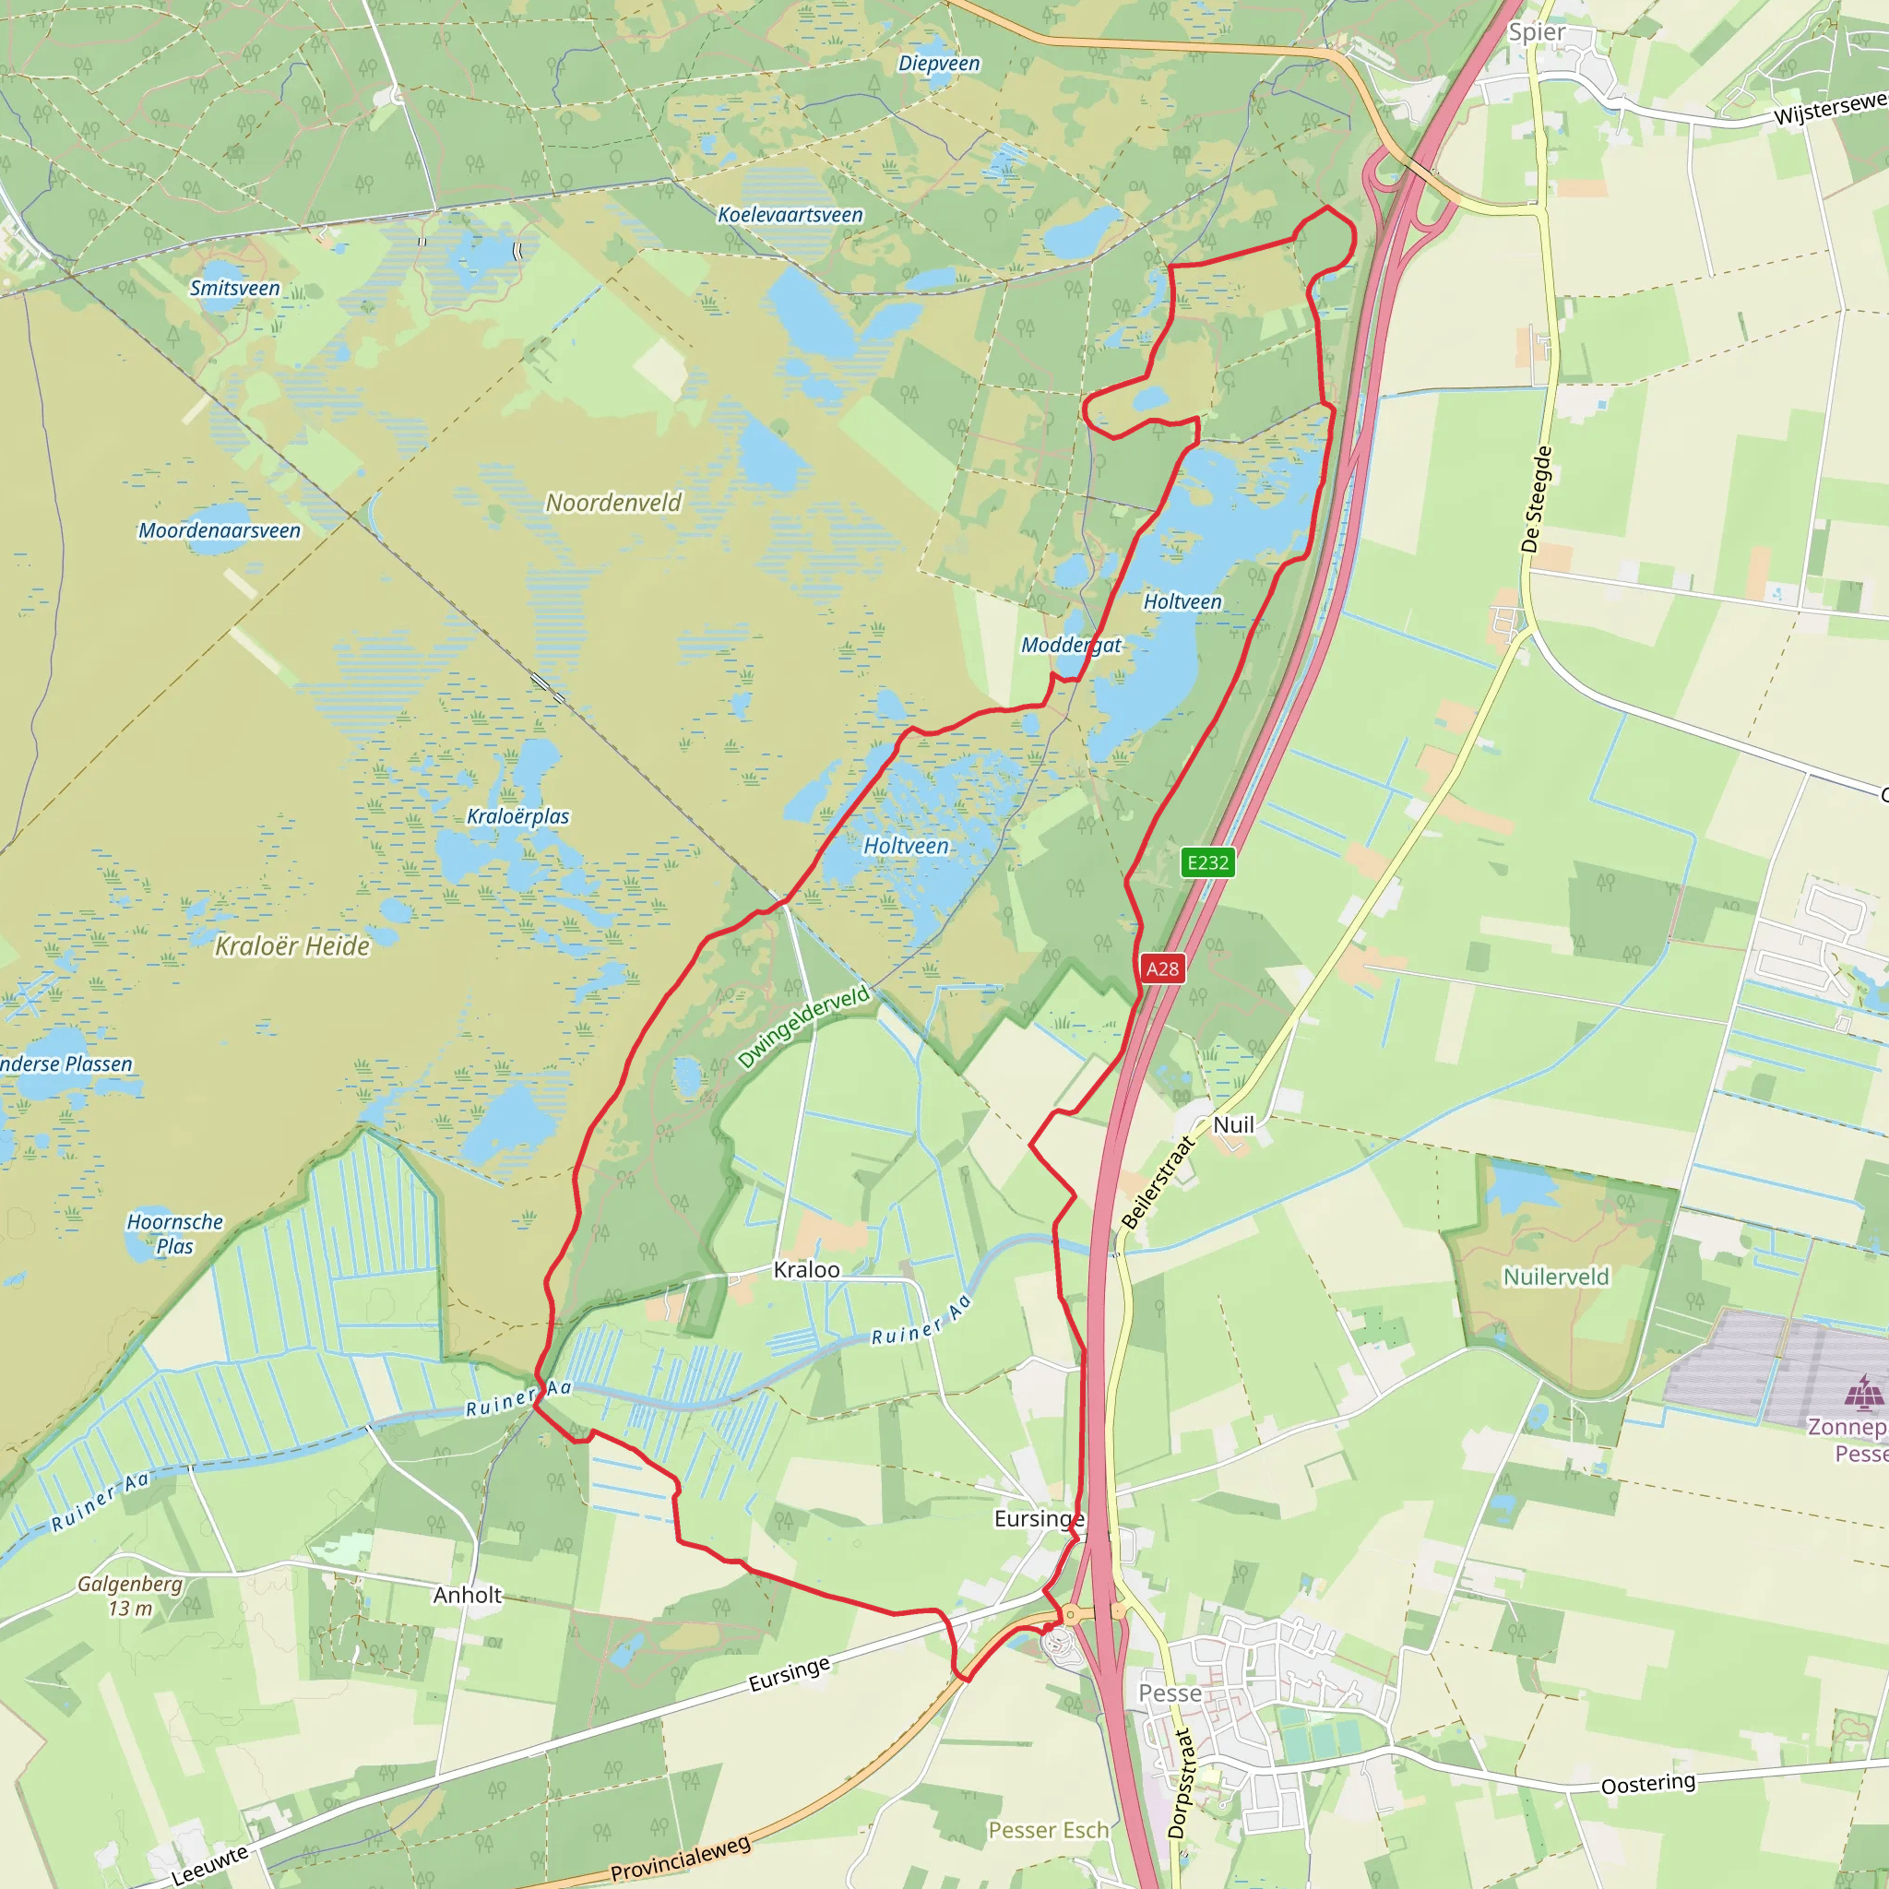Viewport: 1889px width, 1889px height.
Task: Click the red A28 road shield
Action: click(1161, 969)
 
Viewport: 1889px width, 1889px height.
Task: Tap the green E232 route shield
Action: click(1207, 862)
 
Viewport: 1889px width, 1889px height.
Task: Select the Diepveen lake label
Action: click(939, 64)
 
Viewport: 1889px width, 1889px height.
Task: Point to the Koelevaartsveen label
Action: click(790, 215)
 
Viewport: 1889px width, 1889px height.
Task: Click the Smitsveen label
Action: click(234, 289)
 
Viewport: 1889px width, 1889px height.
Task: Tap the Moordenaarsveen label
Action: click(220, 531)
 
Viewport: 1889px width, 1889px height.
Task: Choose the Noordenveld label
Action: click(613, 503)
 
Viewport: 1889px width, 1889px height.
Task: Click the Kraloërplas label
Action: click(518, 816)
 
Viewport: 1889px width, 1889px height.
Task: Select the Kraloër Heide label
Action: click(292, 945)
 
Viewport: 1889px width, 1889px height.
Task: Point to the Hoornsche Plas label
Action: click(175, 1234)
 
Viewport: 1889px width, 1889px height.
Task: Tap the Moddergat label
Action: click(1071, 646)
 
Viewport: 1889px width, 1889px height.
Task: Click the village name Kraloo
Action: click(807, 1269)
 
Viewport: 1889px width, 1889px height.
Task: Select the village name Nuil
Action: click(1233, 1124)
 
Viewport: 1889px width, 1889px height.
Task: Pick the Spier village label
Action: click(1536, 32)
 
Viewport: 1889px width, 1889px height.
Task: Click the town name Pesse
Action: click(1170, 1693)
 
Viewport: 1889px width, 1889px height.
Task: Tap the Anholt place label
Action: click(468, 1595)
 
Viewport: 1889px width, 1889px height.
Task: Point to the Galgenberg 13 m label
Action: click(130, 1596)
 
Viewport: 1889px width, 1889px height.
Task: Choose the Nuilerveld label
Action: click(1556, 1276)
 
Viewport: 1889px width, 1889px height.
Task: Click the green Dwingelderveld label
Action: click(802, 1027)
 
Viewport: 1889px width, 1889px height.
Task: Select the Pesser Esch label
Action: click(1048, 1829)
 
